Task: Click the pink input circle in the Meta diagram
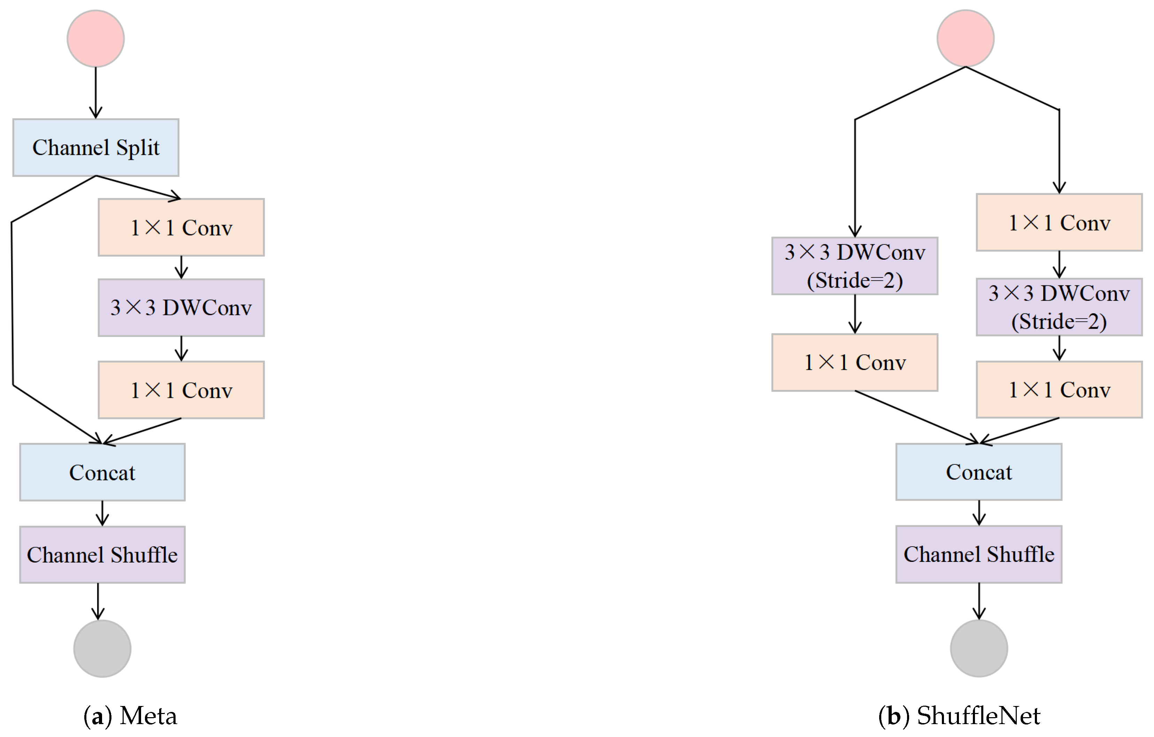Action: [x=95, y=38]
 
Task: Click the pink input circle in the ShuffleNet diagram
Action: [x=965, y=38]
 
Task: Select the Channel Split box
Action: [x=95, y=148]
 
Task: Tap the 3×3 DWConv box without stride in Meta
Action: [x=181, y=307]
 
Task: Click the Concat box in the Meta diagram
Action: [x=102, y=472]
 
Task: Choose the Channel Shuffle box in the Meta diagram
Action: [x=102, y=555]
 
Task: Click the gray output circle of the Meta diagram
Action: [x=102, y=649]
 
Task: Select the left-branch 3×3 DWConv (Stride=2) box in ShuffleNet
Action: [x=854, y=266]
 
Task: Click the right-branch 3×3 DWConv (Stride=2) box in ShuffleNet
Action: [x=1059, y=307]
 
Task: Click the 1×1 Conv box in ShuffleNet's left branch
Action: [x=854, y=362]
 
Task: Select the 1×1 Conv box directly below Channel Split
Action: [x=181, y=227]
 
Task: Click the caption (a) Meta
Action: [x=130, y=716]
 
